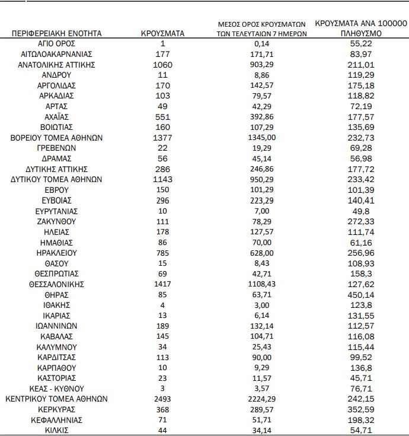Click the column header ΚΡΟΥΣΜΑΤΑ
(162, 34)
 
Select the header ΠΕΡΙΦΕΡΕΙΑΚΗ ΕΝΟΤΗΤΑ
(57, 34)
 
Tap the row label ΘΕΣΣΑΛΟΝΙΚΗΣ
(57, 284)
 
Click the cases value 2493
(162, 399)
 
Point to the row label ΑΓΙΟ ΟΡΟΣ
(57, 44)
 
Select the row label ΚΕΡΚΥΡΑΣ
(57, 409)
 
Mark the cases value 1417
(162, 284)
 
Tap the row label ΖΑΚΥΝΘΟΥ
(57, 221)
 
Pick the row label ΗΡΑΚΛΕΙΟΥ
(57, 253)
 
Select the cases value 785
(162, 253)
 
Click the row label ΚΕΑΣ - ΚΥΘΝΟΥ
(57, 389)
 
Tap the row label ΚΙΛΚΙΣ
(57, 430)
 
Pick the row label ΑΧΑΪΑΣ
(57, 117)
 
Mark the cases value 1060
(162, 65)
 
